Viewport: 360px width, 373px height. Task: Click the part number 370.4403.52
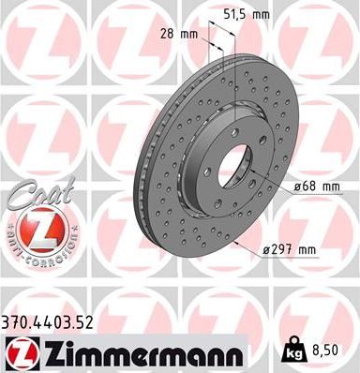[x=56, y=323]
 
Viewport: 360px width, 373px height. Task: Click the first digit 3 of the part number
[x=7, y=323]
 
